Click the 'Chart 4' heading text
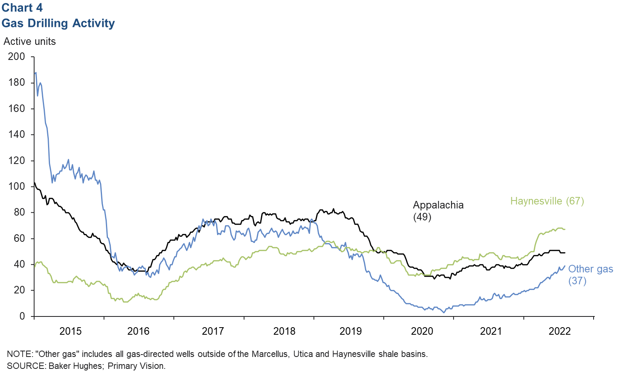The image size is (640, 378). (22, 8)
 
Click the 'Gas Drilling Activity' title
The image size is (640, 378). (58, 23)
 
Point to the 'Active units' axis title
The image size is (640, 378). (30, 42)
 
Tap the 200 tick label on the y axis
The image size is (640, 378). (17, 57)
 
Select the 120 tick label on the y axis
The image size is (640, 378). (17, 161)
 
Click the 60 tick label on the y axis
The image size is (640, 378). (19, 239)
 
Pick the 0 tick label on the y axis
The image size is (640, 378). (22, 316)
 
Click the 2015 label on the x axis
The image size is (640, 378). (70, 331)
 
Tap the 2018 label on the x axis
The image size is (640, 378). (284, 331)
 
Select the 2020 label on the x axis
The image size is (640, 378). (422, 331)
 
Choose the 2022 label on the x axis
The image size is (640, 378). (559, 331)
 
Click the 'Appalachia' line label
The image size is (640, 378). (438, 205)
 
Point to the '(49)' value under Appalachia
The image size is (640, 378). (422, 217)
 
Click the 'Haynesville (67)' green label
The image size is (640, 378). (547, 201)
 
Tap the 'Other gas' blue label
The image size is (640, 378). (590, 269)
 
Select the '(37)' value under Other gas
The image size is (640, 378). (577, 281)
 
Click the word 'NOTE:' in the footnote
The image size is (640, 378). (19, 354)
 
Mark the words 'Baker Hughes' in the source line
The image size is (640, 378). (75, 366)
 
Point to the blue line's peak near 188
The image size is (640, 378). (36, 73)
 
